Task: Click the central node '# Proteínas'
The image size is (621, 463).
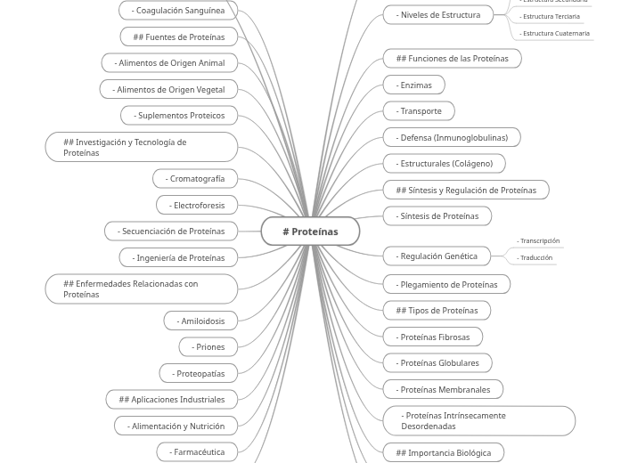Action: point(310,231)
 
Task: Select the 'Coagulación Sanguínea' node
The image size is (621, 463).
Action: point(178,11)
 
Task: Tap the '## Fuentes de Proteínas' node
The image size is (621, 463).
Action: point(179,37)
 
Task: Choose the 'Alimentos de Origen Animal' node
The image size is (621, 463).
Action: point(169,63)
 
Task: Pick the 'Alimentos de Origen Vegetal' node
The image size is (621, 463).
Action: point(168,89)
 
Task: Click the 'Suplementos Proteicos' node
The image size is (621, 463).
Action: point(179,115)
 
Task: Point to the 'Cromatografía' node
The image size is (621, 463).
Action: point(195,178)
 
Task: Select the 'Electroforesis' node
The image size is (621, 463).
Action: point(197,205)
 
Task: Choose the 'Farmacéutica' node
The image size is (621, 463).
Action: point(197,451)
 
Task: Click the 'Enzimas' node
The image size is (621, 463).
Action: point(413,85)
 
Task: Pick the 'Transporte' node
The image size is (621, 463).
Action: point(419,111)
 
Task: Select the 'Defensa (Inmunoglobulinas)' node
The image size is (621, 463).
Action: point(452,137)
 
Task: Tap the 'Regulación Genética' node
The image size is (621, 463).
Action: point(437,256)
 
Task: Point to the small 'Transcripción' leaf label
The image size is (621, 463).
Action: point(539,241)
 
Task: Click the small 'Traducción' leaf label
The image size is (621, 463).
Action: point(535,258)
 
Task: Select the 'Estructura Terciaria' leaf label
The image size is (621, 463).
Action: point(551,17)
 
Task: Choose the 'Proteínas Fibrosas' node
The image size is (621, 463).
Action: point(433,337)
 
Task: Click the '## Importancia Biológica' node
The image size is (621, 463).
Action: point(443,452)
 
